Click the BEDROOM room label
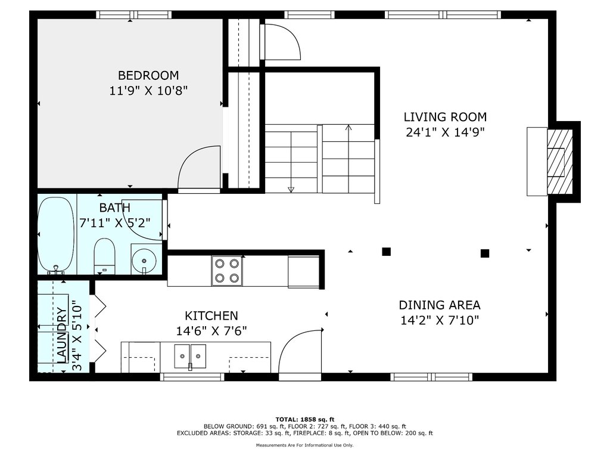click(x=148, y=75)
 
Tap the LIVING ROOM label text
click(x=445, y=117)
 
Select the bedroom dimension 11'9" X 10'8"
click(x=148, y=91)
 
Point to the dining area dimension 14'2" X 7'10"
click(x=440, y=320)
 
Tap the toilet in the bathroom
click(x=105, y=256)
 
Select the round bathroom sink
click(x=144, y=259)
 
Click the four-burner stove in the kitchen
click(x=227, y=271)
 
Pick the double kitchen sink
click(x=190, y=356)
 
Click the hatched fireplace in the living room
click(x=560, y=161)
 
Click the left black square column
click(x=386, y=252)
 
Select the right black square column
click(x=485, y=253)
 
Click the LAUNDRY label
click(x=62, y=335)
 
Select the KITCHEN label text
click(x=211, y=315)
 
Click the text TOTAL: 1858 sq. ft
click(x=305, y=419)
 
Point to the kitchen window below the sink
click(x=192, y=377)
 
